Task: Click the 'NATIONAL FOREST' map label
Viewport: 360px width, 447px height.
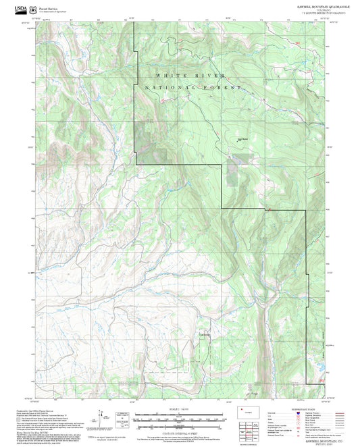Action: (x=192, y=88)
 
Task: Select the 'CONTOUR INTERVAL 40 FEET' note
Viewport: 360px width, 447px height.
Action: (x=180, y=427)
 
